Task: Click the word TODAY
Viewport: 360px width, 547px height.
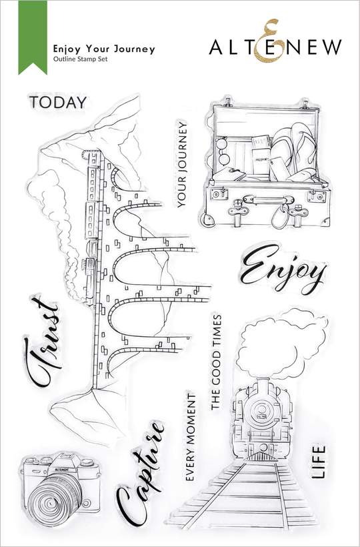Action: (58, 103)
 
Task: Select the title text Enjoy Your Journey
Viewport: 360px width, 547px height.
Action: (104, 49)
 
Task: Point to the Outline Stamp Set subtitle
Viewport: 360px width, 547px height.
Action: (80, 59)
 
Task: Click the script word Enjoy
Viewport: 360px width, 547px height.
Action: (283, 269)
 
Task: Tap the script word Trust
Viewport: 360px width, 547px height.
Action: (43, 342)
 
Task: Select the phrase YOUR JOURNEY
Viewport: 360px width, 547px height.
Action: (182, 164)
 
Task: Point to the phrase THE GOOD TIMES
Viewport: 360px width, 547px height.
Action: (216, 362)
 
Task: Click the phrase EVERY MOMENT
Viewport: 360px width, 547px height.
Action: (190, 437)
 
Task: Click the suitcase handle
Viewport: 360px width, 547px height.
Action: (268, 200)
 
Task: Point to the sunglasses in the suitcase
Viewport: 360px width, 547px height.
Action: (223, 151)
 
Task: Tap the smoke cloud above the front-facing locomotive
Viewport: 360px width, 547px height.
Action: (282, 344)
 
